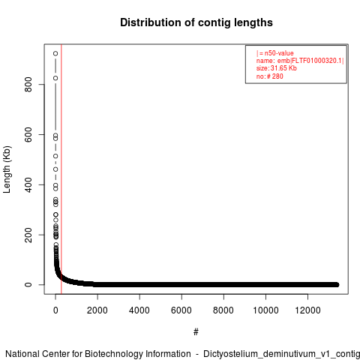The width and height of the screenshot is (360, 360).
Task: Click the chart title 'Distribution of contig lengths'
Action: click(x=196, y=22)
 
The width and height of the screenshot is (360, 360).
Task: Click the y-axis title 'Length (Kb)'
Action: click(x=7, y=169)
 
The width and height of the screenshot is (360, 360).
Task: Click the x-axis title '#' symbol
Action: click(x=196, y=331)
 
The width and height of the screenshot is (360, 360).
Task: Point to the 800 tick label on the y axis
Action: click(x=28, y=85)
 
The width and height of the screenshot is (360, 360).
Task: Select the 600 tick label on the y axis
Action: click(x=28, y=134)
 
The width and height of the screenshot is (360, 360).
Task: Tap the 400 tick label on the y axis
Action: click(x=28, y=184)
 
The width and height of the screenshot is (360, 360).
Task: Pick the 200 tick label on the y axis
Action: click(x=28, y=235)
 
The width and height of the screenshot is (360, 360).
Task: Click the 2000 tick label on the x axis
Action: click(x=97, y=310)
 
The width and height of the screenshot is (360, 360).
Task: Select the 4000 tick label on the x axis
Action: click(x=139, y=310)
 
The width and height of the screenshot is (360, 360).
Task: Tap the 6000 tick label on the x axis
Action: click(x=181, y=310)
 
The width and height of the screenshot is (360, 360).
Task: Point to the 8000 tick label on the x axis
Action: click(x=223, y=310)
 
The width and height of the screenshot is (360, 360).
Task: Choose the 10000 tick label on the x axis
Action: click(x=265, y=310)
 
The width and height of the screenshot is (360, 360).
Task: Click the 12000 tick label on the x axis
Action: click(x=307, y=310)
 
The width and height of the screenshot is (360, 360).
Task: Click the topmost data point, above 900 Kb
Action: click(x=55, y=53)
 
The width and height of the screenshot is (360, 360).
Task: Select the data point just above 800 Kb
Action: click(x=55, y=78)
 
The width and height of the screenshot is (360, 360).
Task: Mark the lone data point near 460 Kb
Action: click(x=55, y=169)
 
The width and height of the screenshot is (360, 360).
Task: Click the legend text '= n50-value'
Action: click(x=277, y=53)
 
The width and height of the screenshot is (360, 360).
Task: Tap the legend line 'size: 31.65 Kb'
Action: click(x=276, y=68)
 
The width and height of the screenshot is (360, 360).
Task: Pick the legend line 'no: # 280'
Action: click(x=269, y=76)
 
